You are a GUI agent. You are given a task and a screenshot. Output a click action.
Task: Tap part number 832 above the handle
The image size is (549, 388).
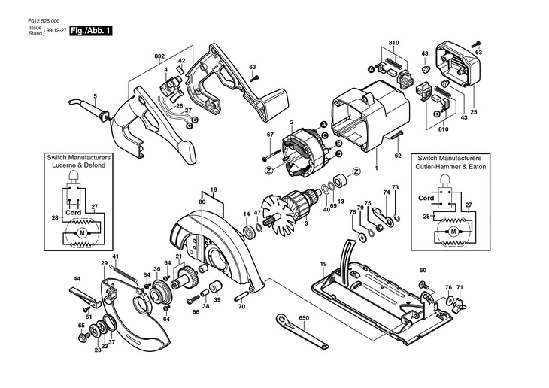click(159, 56)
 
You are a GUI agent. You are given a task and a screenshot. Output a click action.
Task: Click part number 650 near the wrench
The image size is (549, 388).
click(304, 318)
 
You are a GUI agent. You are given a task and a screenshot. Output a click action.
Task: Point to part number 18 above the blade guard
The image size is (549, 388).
click(213, 189)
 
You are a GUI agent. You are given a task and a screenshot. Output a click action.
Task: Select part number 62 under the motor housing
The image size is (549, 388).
click(399, 157)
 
